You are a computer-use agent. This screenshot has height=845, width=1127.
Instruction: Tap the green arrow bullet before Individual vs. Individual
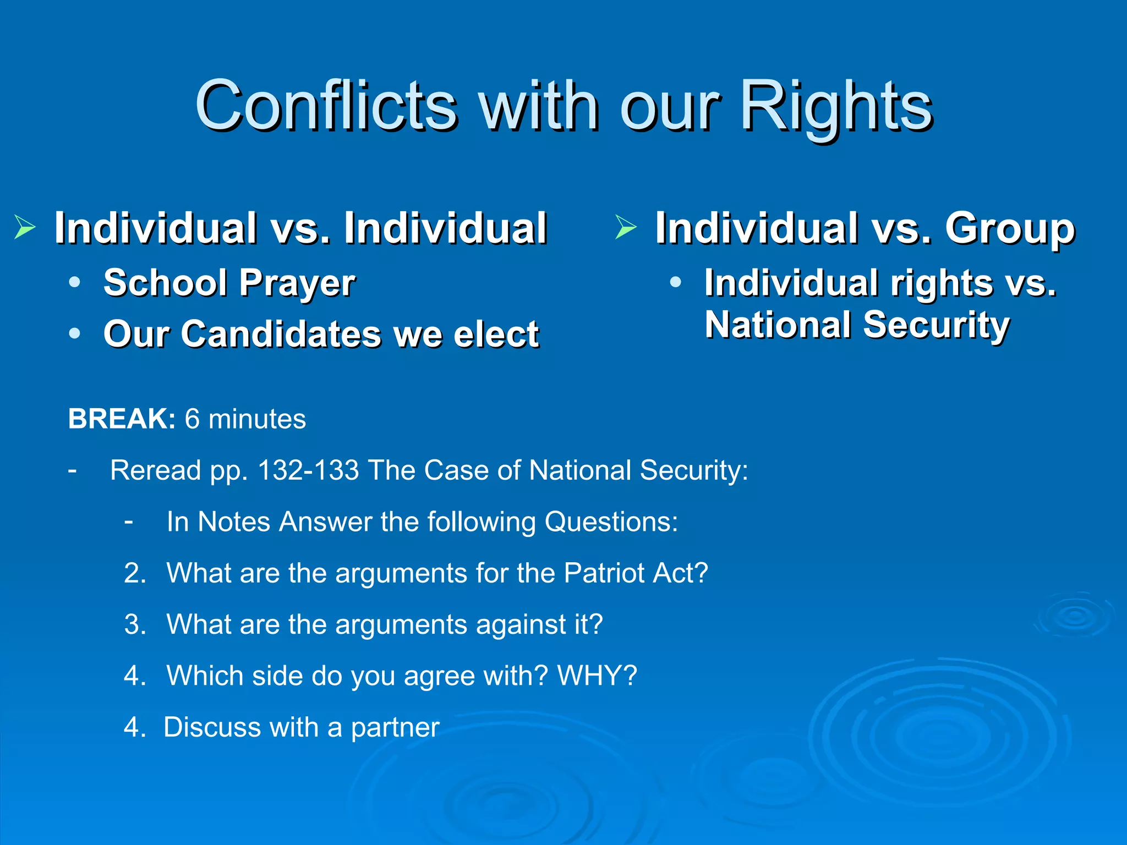coord(25,227)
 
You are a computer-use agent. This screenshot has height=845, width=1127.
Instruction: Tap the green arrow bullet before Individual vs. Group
coord(626,227)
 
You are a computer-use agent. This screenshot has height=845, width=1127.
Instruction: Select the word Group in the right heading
coord(1010,228)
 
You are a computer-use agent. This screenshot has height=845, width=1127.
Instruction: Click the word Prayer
coord(297,283)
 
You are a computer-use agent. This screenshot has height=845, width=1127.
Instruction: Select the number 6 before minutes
coord(192,419)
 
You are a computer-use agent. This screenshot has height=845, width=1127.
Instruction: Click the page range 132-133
coord(308,470)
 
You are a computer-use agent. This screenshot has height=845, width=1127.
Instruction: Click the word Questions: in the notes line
coord(611,522)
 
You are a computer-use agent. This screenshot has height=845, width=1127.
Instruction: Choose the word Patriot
coord(604,573)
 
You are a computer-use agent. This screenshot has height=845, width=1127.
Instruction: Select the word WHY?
coord(597,676)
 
